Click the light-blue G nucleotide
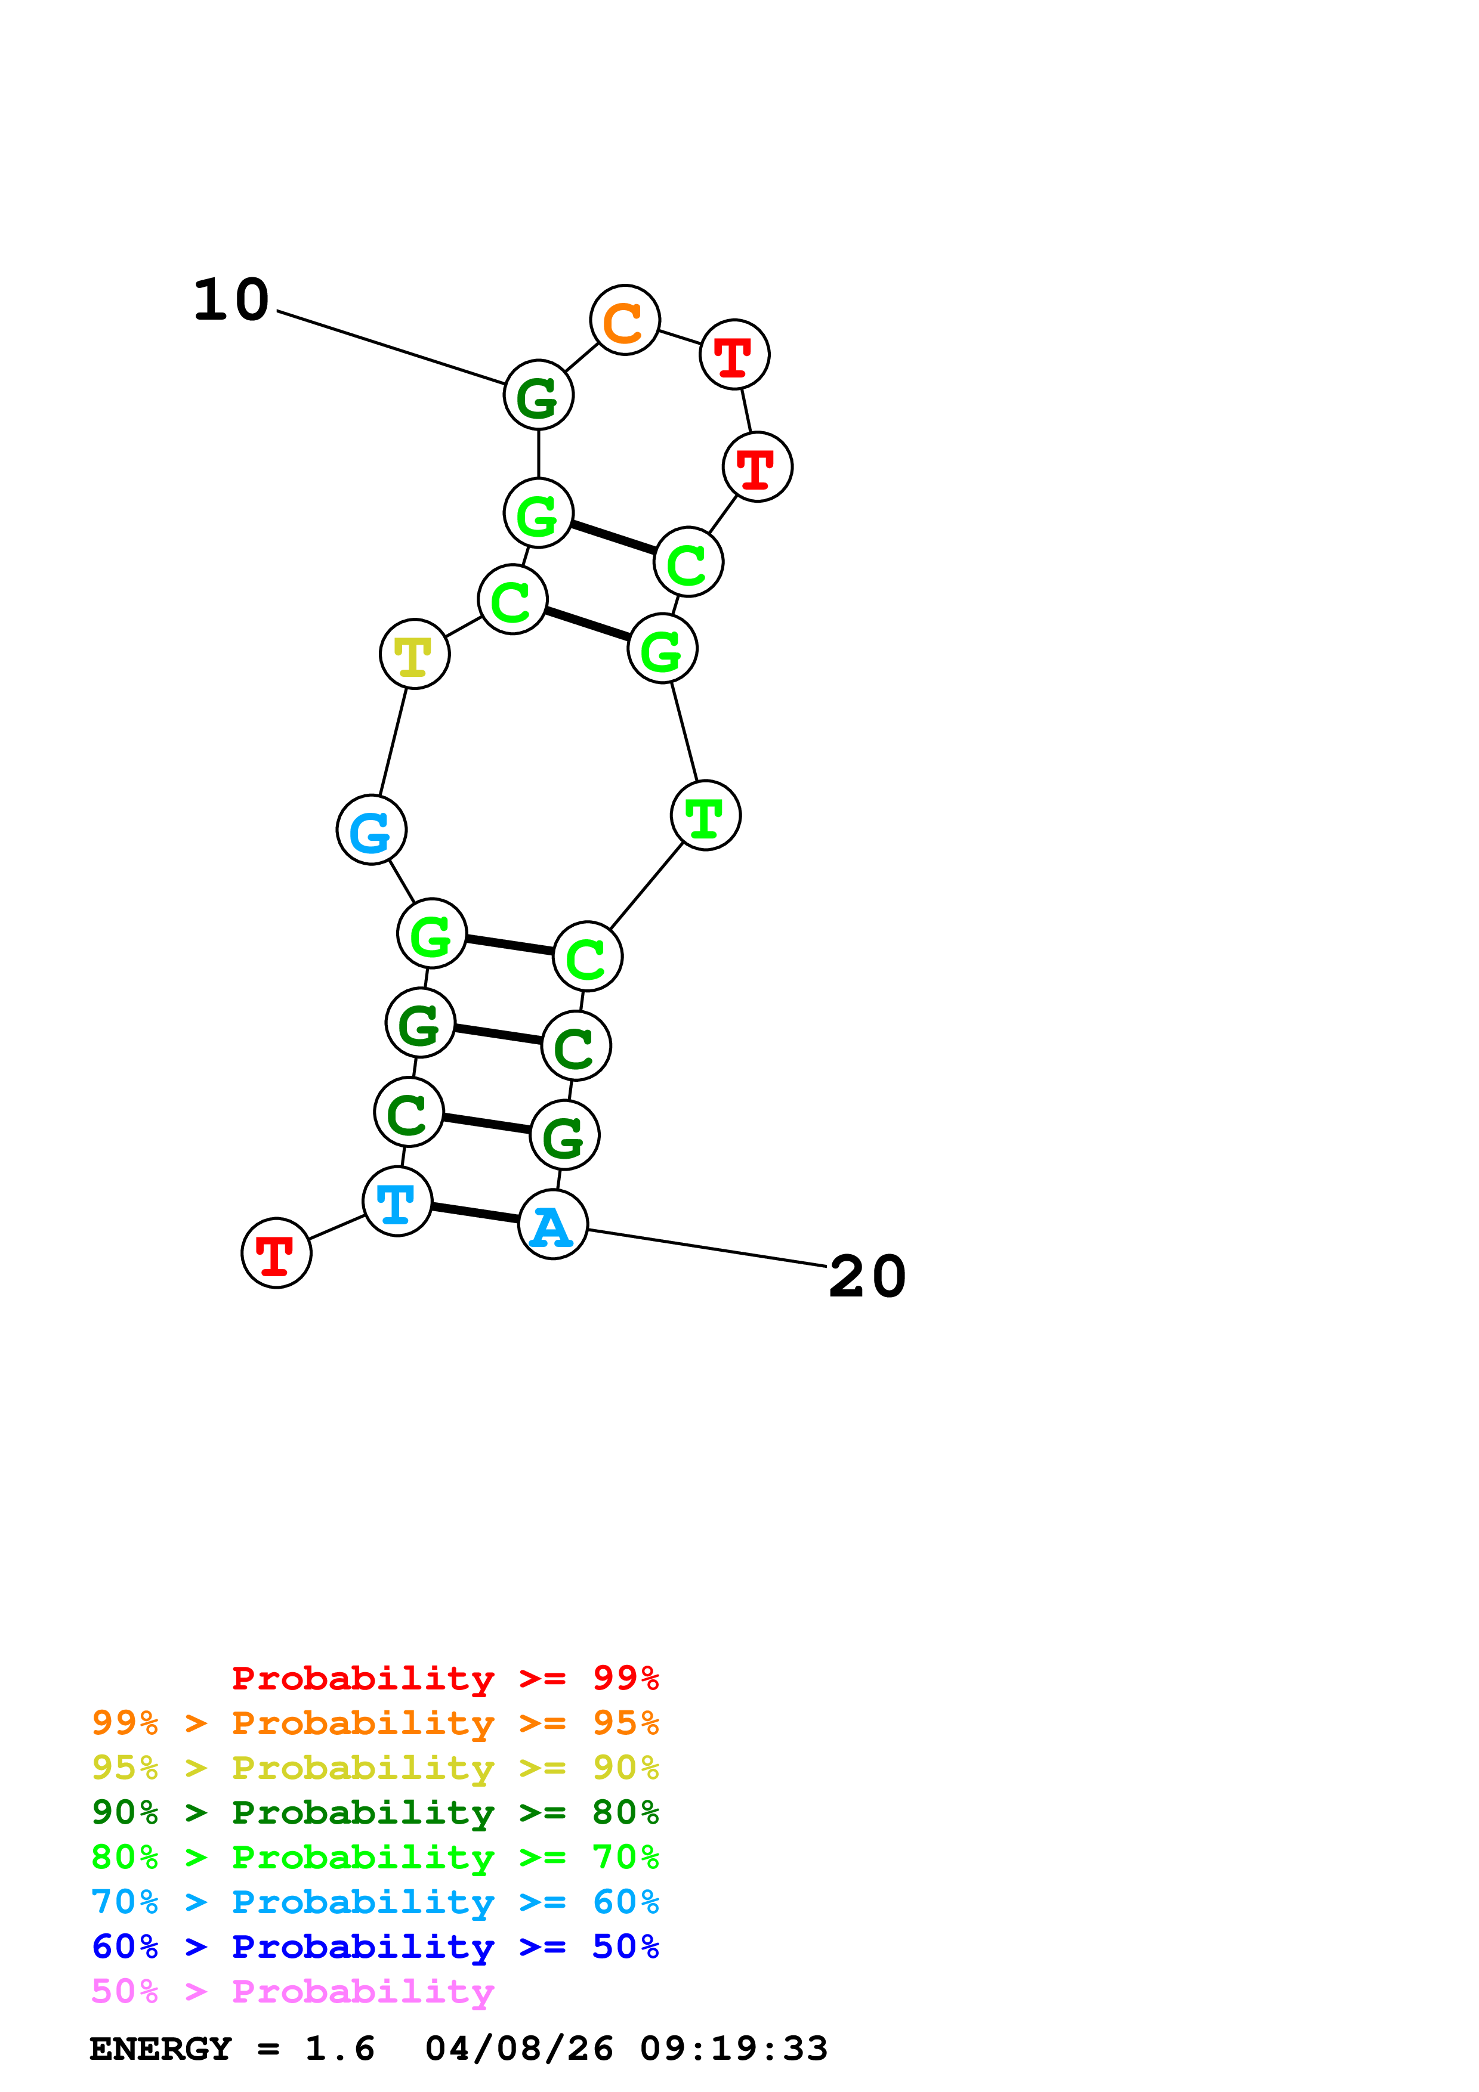coord(371,830)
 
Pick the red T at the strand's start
coord(276,1253)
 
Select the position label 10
coord(231,300)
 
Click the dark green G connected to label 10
coord(539,395)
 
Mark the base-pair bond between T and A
coord(475,1213)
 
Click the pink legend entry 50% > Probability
coord(292,1991)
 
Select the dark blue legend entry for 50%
coord(375,1946)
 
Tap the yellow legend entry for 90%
coord(375,1768)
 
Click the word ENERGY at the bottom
coord(160,2048)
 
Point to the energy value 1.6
coord(339,2048)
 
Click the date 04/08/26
coord(518,2048)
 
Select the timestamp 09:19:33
coord(734,2048)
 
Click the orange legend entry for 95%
coord(375,1723)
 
